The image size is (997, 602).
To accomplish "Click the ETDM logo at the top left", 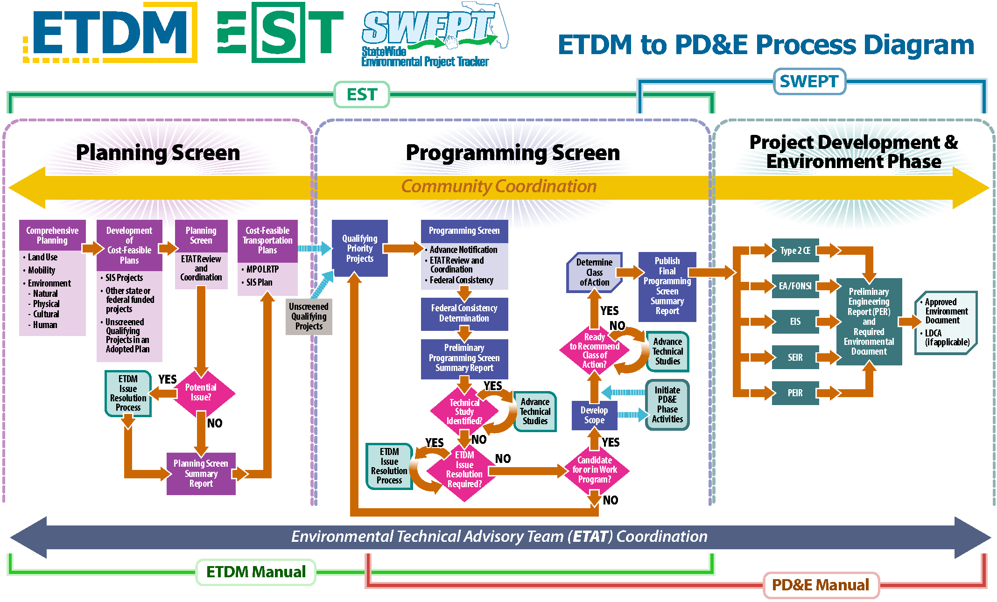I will tap(110, 33).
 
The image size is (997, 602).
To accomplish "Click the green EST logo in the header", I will tap(280, 33).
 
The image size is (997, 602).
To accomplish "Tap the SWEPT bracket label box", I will tap(809, 82).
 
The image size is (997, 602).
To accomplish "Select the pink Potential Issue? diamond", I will tap(201, 392).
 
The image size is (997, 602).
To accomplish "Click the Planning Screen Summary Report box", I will tap(201, 474).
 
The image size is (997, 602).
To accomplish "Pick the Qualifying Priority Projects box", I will tap(360, 249).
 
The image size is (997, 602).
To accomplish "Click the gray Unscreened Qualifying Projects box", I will tap(309, 316).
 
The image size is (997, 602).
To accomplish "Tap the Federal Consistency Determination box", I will tap(464, 314).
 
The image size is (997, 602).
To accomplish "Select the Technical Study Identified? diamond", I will tap(464, 411).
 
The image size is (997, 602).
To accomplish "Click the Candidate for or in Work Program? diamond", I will tap(595, 470).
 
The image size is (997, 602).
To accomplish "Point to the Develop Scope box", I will tap(594, 415).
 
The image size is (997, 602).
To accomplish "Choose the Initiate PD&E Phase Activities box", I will tap(667, 405).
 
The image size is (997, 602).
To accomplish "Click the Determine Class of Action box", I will tap(594, 273).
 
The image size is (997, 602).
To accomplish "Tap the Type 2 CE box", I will tap(795, 251).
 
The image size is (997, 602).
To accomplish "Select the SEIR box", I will tap(795, 357).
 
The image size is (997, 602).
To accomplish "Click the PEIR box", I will tap(795, 393).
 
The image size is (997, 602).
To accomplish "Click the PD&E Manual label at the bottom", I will tap(821, 585).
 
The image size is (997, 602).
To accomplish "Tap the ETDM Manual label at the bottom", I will tap(256, 572).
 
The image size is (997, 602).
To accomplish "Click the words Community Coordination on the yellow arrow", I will tap(499, 187).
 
